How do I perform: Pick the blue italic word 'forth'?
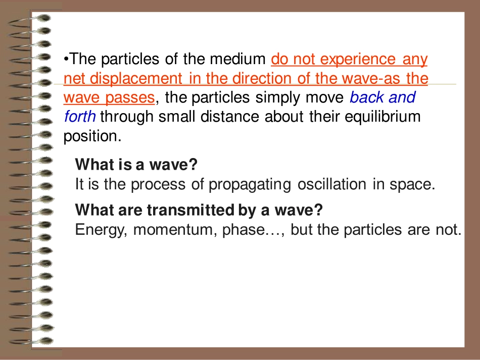(x=80, y=117)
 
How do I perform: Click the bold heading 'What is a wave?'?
(x=135, y=165)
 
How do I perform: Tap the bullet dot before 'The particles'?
(x=66, y=60)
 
